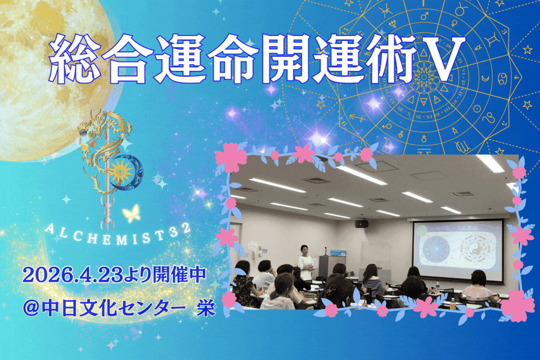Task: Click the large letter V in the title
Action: click(x=442, y=58)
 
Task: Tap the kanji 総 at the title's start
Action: click(x=75, y=58)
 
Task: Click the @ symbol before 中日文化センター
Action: click(x=31, y=308)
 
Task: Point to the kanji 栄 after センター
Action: click(x=206, y=308)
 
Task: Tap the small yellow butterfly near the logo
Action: click(x=132, y=213)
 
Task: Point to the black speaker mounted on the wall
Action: click(x=362, y=224)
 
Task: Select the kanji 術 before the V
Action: click(x=389, y=58)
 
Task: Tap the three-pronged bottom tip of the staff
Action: click(x=107, y=220)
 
